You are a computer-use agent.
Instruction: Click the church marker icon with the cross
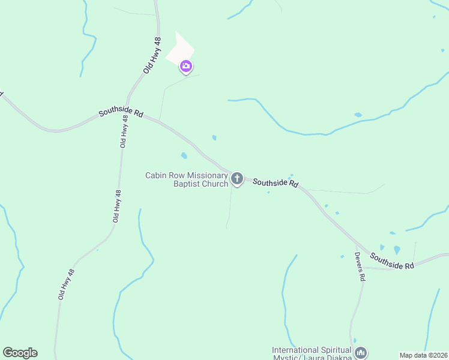click(237, 178)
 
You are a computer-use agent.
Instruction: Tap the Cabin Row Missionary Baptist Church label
click(187, 179)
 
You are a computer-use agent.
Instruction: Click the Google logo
click(20, 353)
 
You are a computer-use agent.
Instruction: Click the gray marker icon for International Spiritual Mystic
click(360, 352)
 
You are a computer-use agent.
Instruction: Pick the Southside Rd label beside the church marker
click(276, 182)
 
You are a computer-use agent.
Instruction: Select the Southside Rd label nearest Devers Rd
click(392, 260)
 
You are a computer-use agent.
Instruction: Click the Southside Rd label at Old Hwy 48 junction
click(121, 112)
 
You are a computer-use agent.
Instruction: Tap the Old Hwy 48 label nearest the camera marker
click(153, 55)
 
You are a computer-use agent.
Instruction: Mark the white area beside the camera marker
click(180, 48)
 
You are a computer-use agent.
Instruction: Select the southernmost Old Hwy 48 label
click(66, 284)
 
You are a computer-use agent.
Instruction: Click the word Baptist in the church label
click(188, 184)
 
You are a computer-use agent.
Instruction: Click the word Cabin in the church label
click(157, 175)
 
